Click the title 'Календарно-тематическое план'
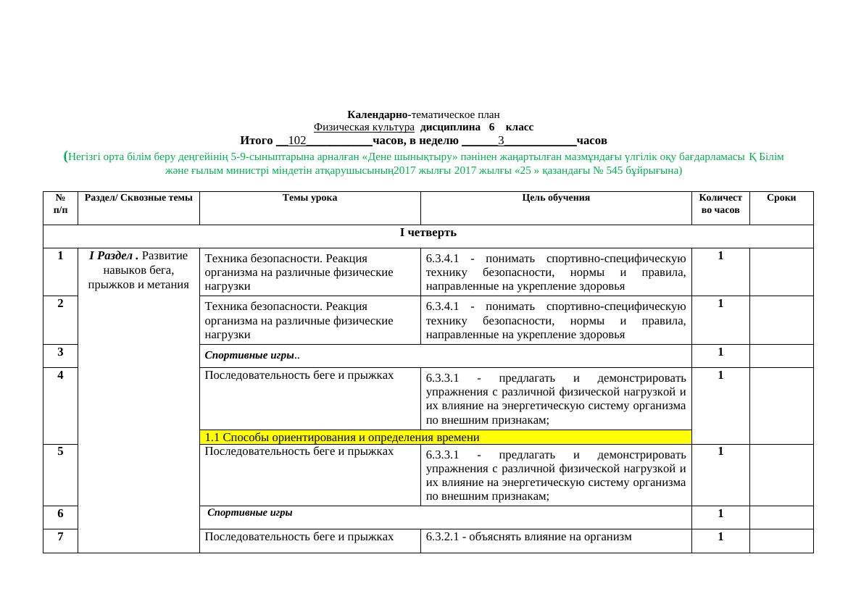click(x=423, y=114)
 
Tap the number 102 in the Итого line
click(x=296, y=140)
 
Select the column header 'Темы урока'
click(x=309, y=197)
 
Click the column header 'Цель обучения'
click(x=555, y=197)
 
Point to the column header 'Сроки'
click(x=781, y=197)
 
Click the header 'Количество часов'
click(x=720, y=204)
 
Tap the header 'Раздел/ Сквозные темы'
click(x=138, y=197)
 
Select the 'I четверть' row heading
click(x=428, y=233)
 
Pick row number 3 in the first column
click(x=61, y=352)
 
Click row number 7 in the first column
click(x=61, y=537)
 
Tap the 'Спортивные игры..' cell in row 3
click(x=253, y=356)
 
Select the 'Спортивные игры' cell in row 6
click(x=250, y=513)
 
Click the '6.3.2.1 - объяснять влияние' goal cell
click(x=528, y=537)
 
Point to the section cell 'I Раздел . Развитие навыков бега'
click(x=138, y=269)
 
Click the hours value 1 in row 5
click(x=720, y=451)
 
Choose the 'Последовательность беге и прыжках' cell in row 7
click(x=299, y=537)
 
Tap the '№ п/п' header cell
click(x=61, y=204)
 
